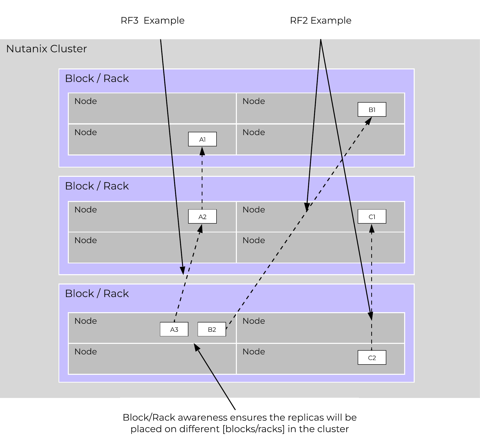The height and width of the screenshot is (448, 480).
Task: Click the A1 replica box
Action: (202, 139)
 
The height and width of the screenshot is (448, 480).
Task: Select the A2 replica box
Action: (202, 217)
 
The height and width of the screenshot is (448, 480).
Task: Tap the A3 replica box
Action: (174, 329)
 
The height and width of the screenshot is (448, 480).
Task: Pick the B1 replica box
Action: (372, 109)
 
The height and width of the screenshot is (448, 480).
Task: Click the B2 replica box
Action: (212, 329)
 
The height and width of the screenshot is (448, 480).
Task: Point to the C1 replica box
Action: (372, 217)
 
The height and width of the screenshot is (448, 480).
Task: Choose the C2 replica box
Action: (372, 357)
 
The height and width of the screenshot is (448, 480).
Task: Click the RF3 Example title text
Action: (152, 20)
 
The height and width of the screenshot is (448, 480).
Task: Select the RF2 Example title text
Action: (321, 20)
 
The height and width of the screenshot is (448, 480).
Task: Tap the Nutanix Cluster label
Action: (46, 49)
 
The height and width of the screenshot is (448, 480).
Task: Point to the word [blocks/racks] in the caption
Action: (254, 429)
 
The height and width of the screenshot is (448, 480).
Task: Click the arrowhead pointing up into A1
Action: (202, 151)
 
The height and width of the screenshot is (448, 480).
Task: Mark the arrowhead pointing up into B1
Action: (369, 121)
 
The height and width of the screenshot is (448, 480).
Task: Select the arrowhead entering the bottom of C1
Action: (372, 228)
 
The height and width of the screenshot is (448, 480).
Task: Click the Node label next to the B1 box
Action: (254, 101)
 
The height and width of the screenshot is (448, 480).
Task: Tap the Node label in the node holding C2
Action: (254, 352)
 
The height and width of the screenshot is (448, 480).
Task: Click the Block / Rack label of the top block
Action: (97, 78)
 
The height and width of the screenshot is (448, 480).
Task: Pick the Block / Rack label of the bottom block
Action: (97, 294)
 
